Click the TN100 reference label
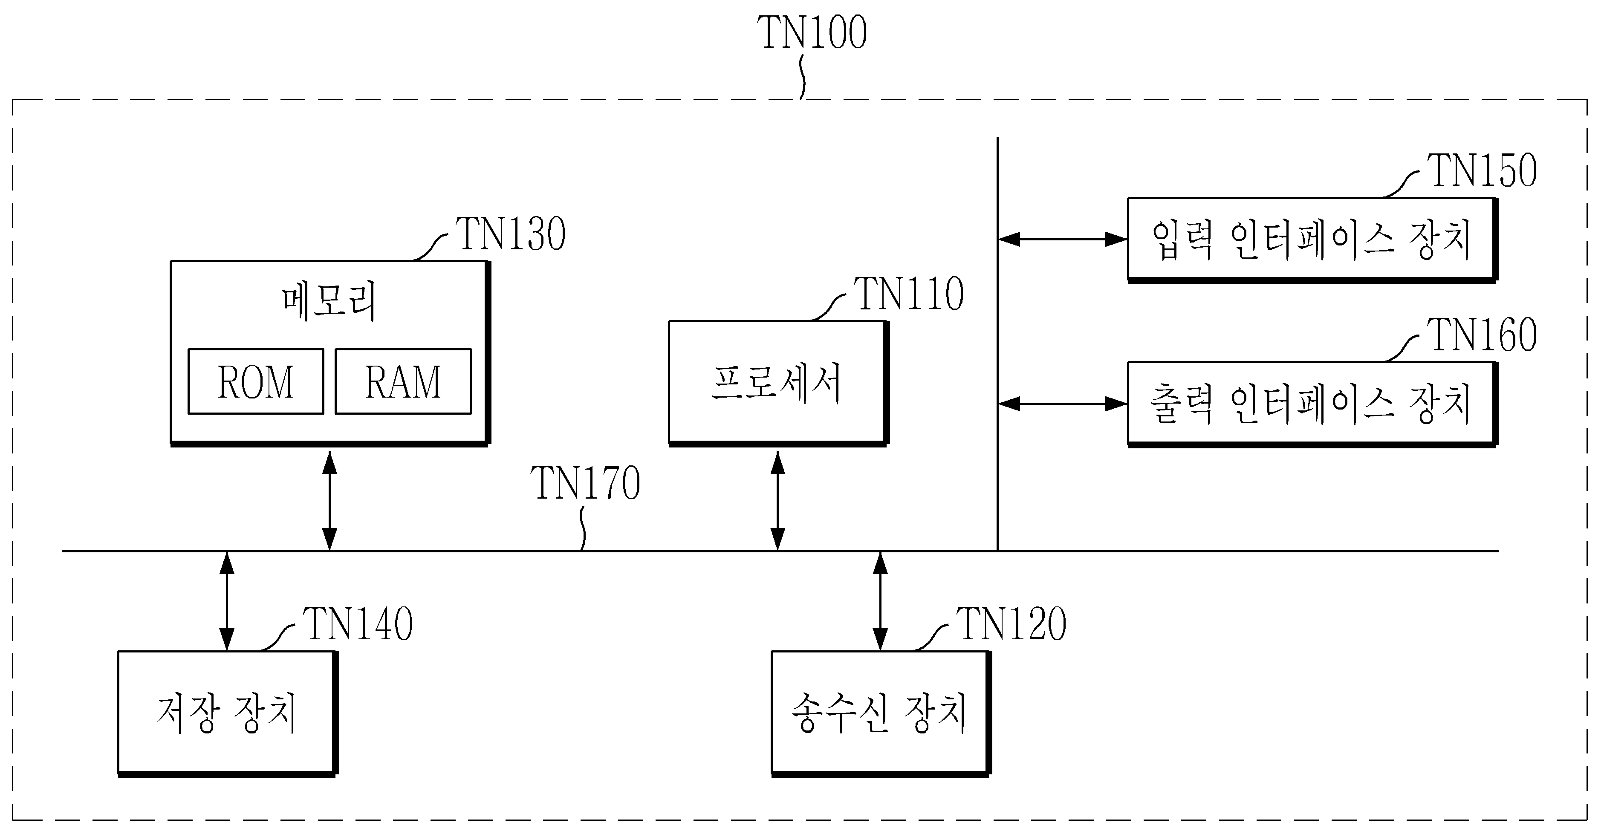[x=812, y=32]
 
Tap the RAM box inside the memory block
[x=403, y=381]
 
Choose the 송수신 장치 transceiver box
[x=881, y=713]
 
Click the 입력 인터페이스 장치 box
[x=1312, y=240]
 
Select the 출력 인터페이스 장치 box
[x=1312, y=404]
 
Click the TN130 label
[x=511, y=234]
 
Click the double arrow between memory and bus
[x=330, y=501]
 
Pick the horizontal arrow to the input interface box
[x=1063, y=239]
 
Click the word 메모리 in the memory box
[x=329, y=302]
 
